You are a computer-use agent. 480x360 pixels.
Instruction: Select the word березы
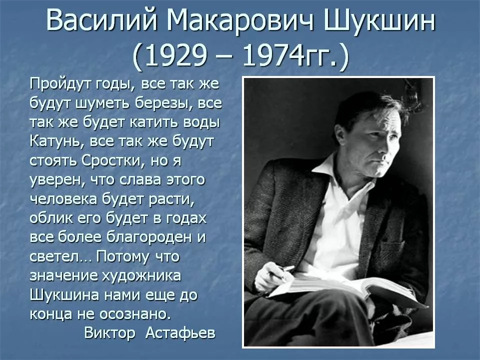(x=162, y=105)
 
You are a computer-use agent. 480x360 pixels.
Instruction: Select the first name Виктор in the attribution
(x=110, y=333)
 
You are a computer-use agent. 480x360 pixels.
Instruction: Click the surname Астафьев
(x=180, y=333)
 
